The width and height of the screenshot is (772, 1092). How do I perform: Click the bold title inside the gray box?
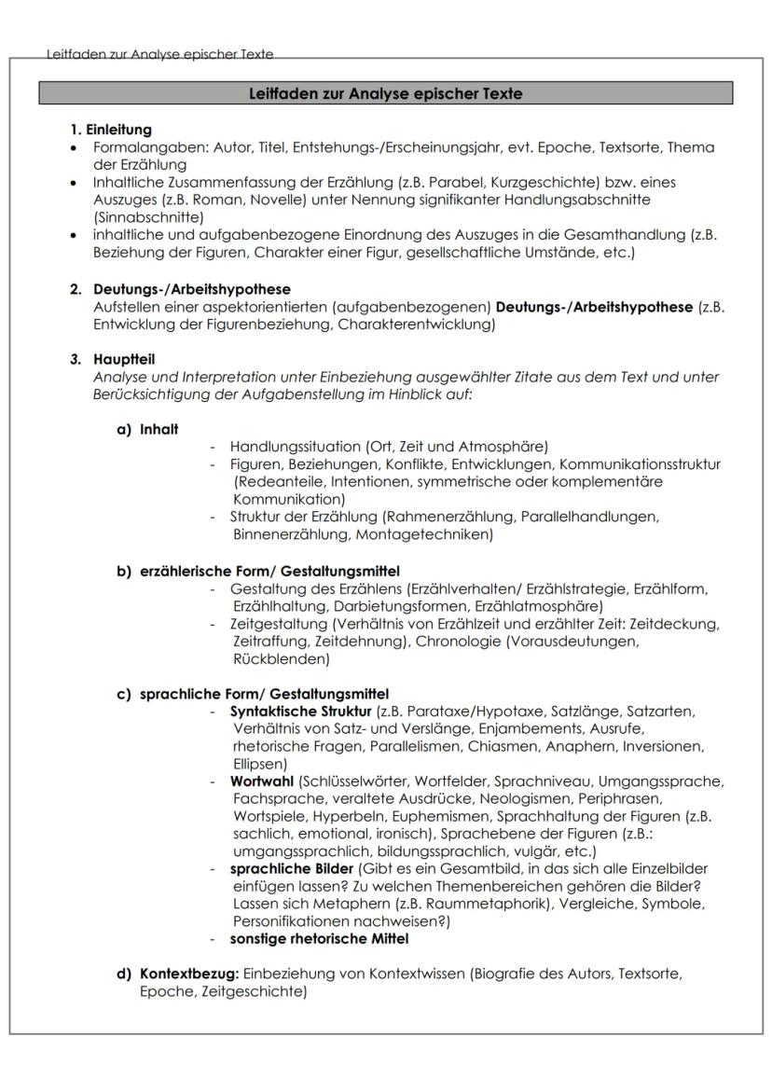[386, 93]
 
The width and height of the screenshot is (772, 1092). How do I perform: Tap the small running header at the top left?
[159, 54]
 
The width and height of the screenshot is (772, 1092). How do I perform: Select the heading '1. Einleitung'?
[112, 130]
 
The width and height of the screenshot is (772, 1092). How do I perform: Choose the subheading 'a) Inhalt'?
[147, 429]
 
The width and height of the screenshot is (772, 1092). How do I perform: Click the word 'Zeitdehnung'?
[363, 642]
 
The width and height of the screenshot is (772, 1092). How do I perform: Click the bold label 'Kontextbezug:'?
[189, 974]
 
